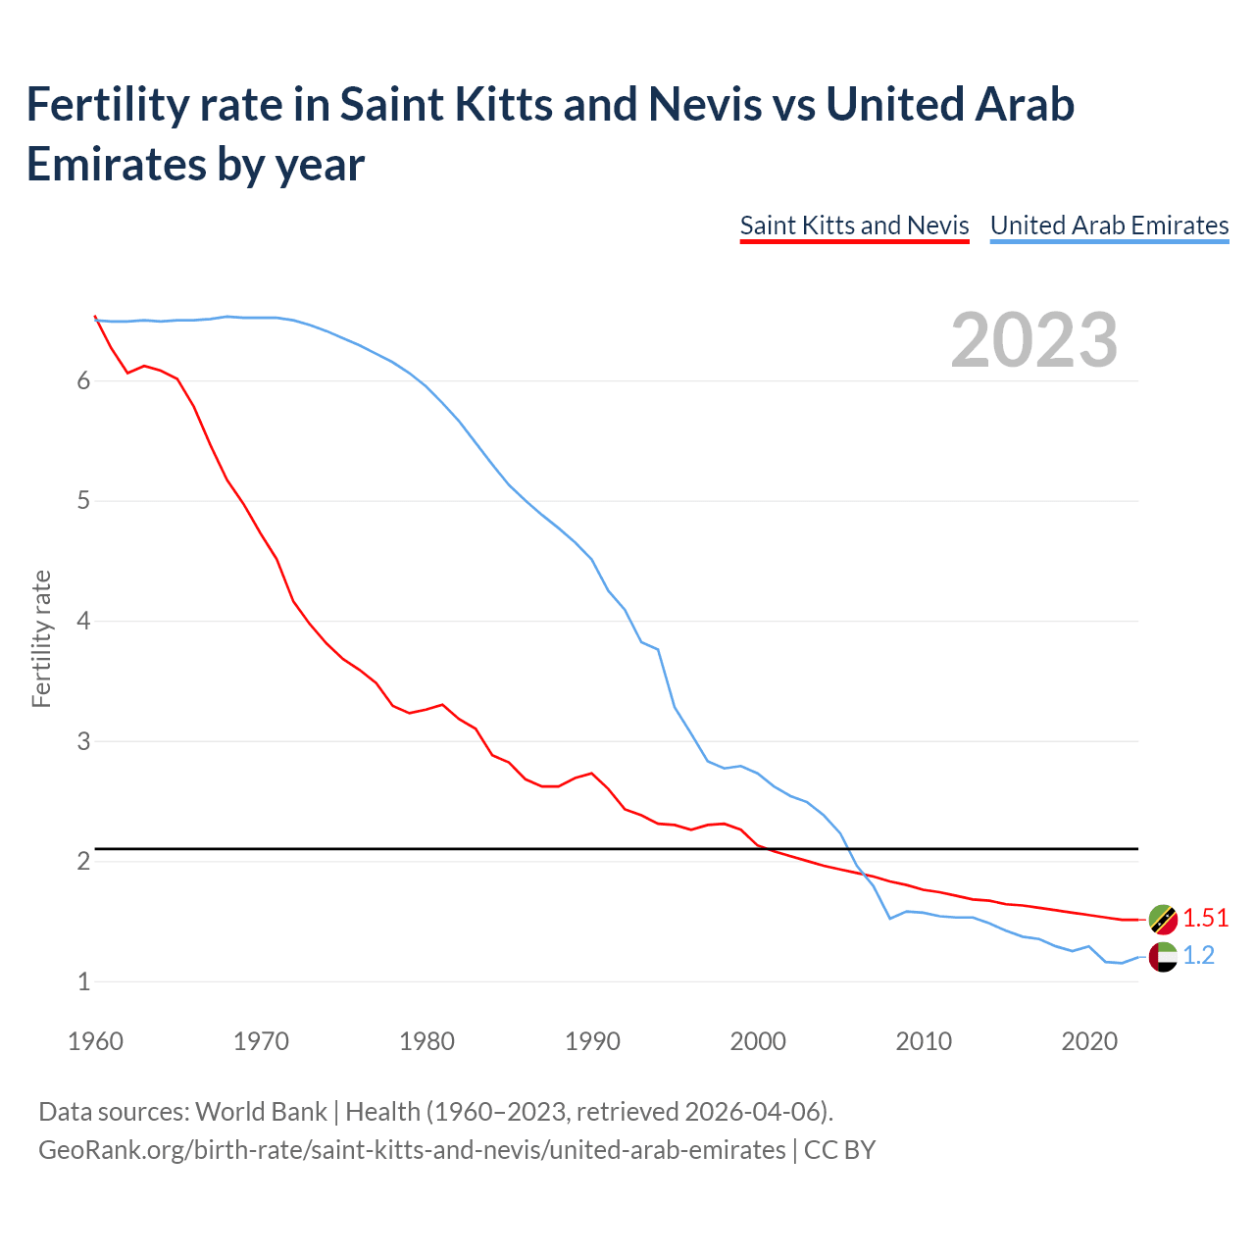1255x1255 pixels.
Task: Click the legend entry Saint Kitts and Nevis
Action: click(854, 226)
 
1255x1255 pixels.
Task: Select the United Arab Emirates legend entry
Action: click(1109, 226)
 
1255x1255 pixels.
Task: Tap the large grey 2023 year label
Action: click(1034, 340)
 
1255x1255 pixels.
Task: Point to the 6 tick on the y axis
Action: click(83, 381)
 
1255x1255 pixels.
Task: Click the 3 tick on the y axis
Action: click(83, 741)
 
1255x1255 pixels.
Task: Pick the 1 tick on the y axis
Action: click(83, 981)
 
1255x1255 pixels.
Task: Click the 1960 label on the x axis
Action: click(95, 1041)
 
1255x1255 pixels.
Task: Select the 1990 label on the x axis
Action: click(592, 1041)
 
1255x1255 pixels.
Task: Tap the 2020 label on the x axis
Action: click(1089, 1041)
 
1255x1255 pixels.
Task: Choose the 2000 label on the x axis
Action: click(758, 1041)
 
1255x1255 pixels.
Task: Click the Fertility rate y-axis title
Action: click(41, 638)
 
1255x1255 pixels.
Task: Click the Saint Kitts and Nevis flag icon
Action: click(1163, 919)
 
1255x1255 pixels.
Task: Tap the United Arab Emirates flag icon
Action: click(1163, 956)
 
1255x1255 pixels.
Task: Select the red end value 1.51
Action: click(1205, 919)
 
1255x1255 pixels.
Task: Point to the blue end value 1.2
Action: click(1198, 956)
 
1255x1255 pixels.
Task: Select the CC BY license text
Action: click(839, 1150)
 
